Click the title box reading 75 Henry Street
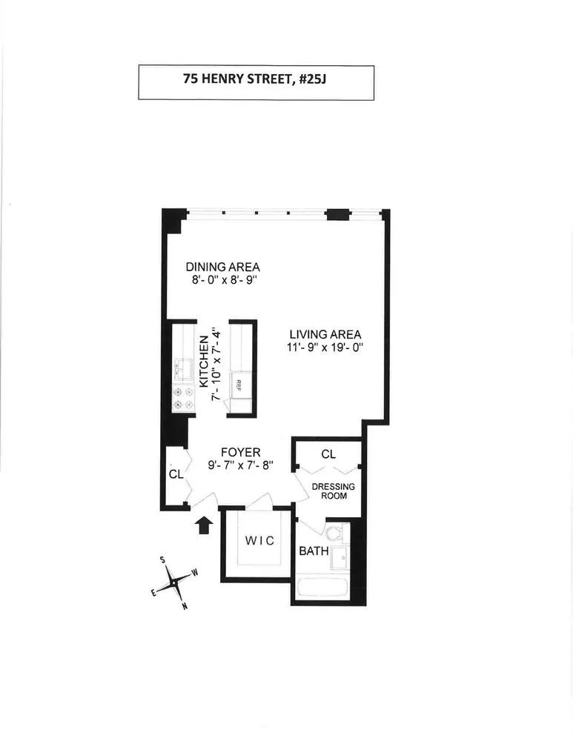click(x=256, y=83)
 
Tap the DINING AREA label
click(x=222, y=267)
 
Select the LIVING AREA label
click(x=325, y=333)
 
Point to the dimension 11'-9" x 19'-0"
click(x=325, y=347)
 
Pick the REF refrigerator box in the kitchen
click(x=239, y=384)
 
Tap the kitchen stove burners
click(x=183, y=398)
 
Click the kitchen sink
click(x=182, y=368)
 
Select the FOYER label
click(x=241, y=452)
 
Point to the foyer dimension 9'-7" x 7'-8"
click(x=241, y=465)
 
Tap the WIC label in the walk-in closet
click(x=259, y=541)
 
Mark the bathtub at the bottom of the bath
click(x=322, y=590)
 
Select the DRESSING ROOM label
click(x=333, y=491)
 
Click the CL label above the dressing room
click(x=327, y=453)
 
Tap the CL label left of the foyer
click(x=175, y=474)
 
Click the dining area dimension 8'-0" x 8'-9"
click(x=222, y=280)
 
